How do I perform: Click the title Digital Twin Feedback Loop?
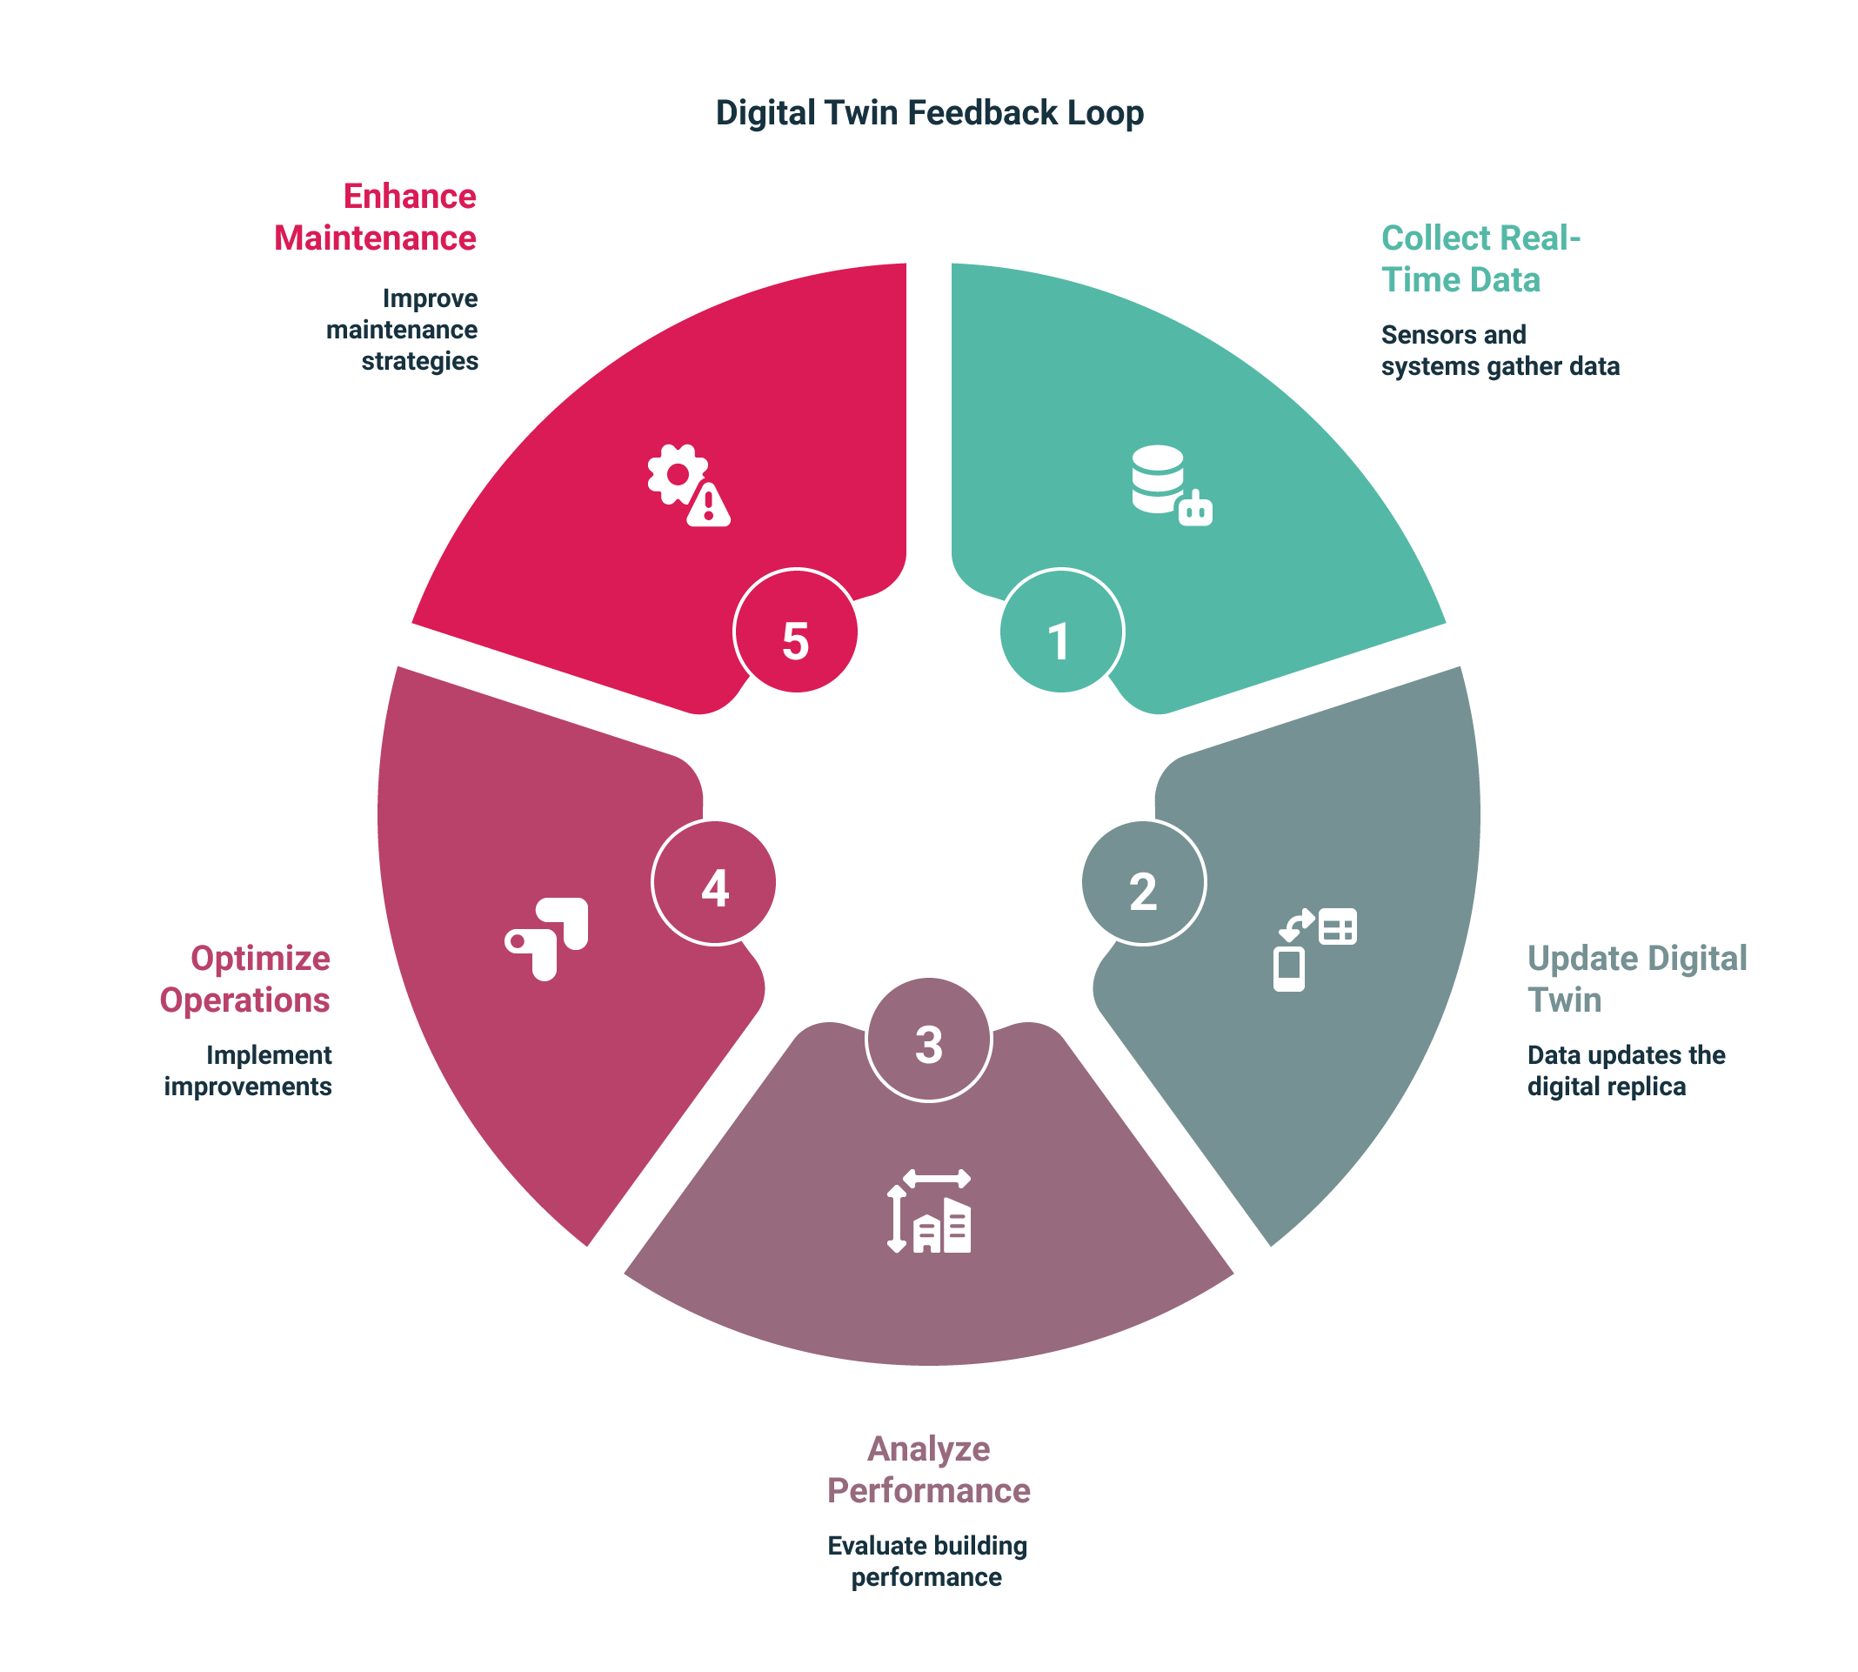(x=930, y=113)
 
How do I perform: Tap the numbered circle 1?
(x=1061, y=632)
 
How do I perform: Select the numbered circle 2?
(x=1144, y=883)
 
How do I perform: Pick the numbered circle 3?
(x=928, y=1039)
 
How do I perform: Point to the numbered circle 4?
(x=713, y=883)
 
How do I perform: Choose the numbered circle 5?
(x=795, y=632)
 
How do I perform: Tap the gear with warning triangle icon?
(x=689, y=485)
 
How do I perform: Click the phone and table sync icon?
(x=1314, y=950)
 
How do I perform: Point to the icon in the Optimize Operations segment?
(x=546, y=939)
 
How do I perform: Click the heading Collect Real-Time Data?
(x=1480, y=259)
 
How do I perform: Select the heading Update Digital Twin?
(x=1637, y=979)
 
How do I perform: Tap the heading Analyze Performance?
(x=928, y=1469)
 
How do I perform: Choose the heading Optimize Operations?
(x=245, y=979)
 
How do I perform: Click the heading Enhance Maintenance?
(x=376, y=217)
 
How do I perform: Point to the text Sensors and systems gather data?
(x=1500, y=350)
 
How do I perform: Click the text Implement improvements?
(x=248, y=1070)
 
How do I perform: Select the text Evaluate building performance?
(x=926, y=1561)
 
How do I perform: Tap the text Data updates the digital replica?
(x=1626, y=1070)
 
